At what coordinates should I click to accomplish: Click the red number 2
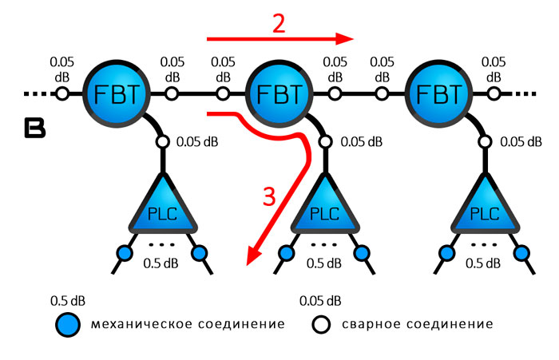tap(278, 23)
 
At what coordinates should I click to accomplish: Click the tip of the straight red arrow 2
tap(351, 38)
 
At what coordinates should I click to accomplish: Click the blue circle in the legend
tap(69, 324)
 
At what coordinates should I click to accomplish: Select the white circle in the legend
tap(320, 324)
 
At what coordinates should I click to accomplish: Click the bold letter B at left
tap(34, 129)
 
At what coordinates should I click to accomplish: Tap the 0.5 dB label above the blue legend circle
tap(68, 302)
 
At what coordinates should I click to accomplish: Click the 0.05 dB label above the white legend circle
tap(320, 302)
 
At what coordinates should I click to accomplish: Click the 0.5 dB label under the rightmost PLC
tap(485, 263)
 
